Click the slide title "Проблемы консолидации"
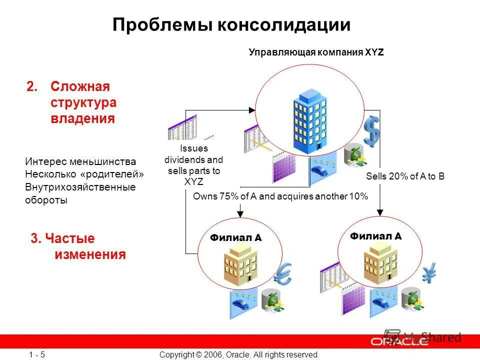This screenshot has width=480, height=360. (231, 25)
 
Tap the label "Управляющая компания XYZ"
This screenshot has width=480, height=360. (316, 52)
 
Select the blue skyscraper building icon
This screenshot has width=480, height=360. (309, 120)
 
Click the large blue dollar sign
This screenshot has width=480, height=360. (372, 131)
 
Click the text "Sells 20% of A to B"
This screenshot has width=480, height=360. (405, 176)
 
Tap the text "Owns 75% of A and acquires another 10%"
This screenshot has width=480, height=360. (280, 196)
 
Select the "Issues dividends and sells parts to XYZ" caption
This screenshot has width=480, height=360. (194, 165)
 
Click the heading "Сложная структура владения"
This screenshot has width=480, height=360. (83, 102)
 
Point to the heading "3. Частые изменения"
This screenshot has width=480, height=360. (78, 246)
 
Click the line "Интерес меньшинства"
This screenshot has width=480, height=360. (80, 162)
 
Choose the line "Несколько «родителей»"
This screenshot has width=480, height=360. (84, 174)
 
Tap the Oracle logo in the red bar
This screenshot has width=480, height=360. (399, 342)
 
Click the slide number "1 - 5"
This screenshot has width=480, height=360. (37, 354)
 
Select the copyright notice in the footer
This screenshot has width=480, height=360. (239, 354)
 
